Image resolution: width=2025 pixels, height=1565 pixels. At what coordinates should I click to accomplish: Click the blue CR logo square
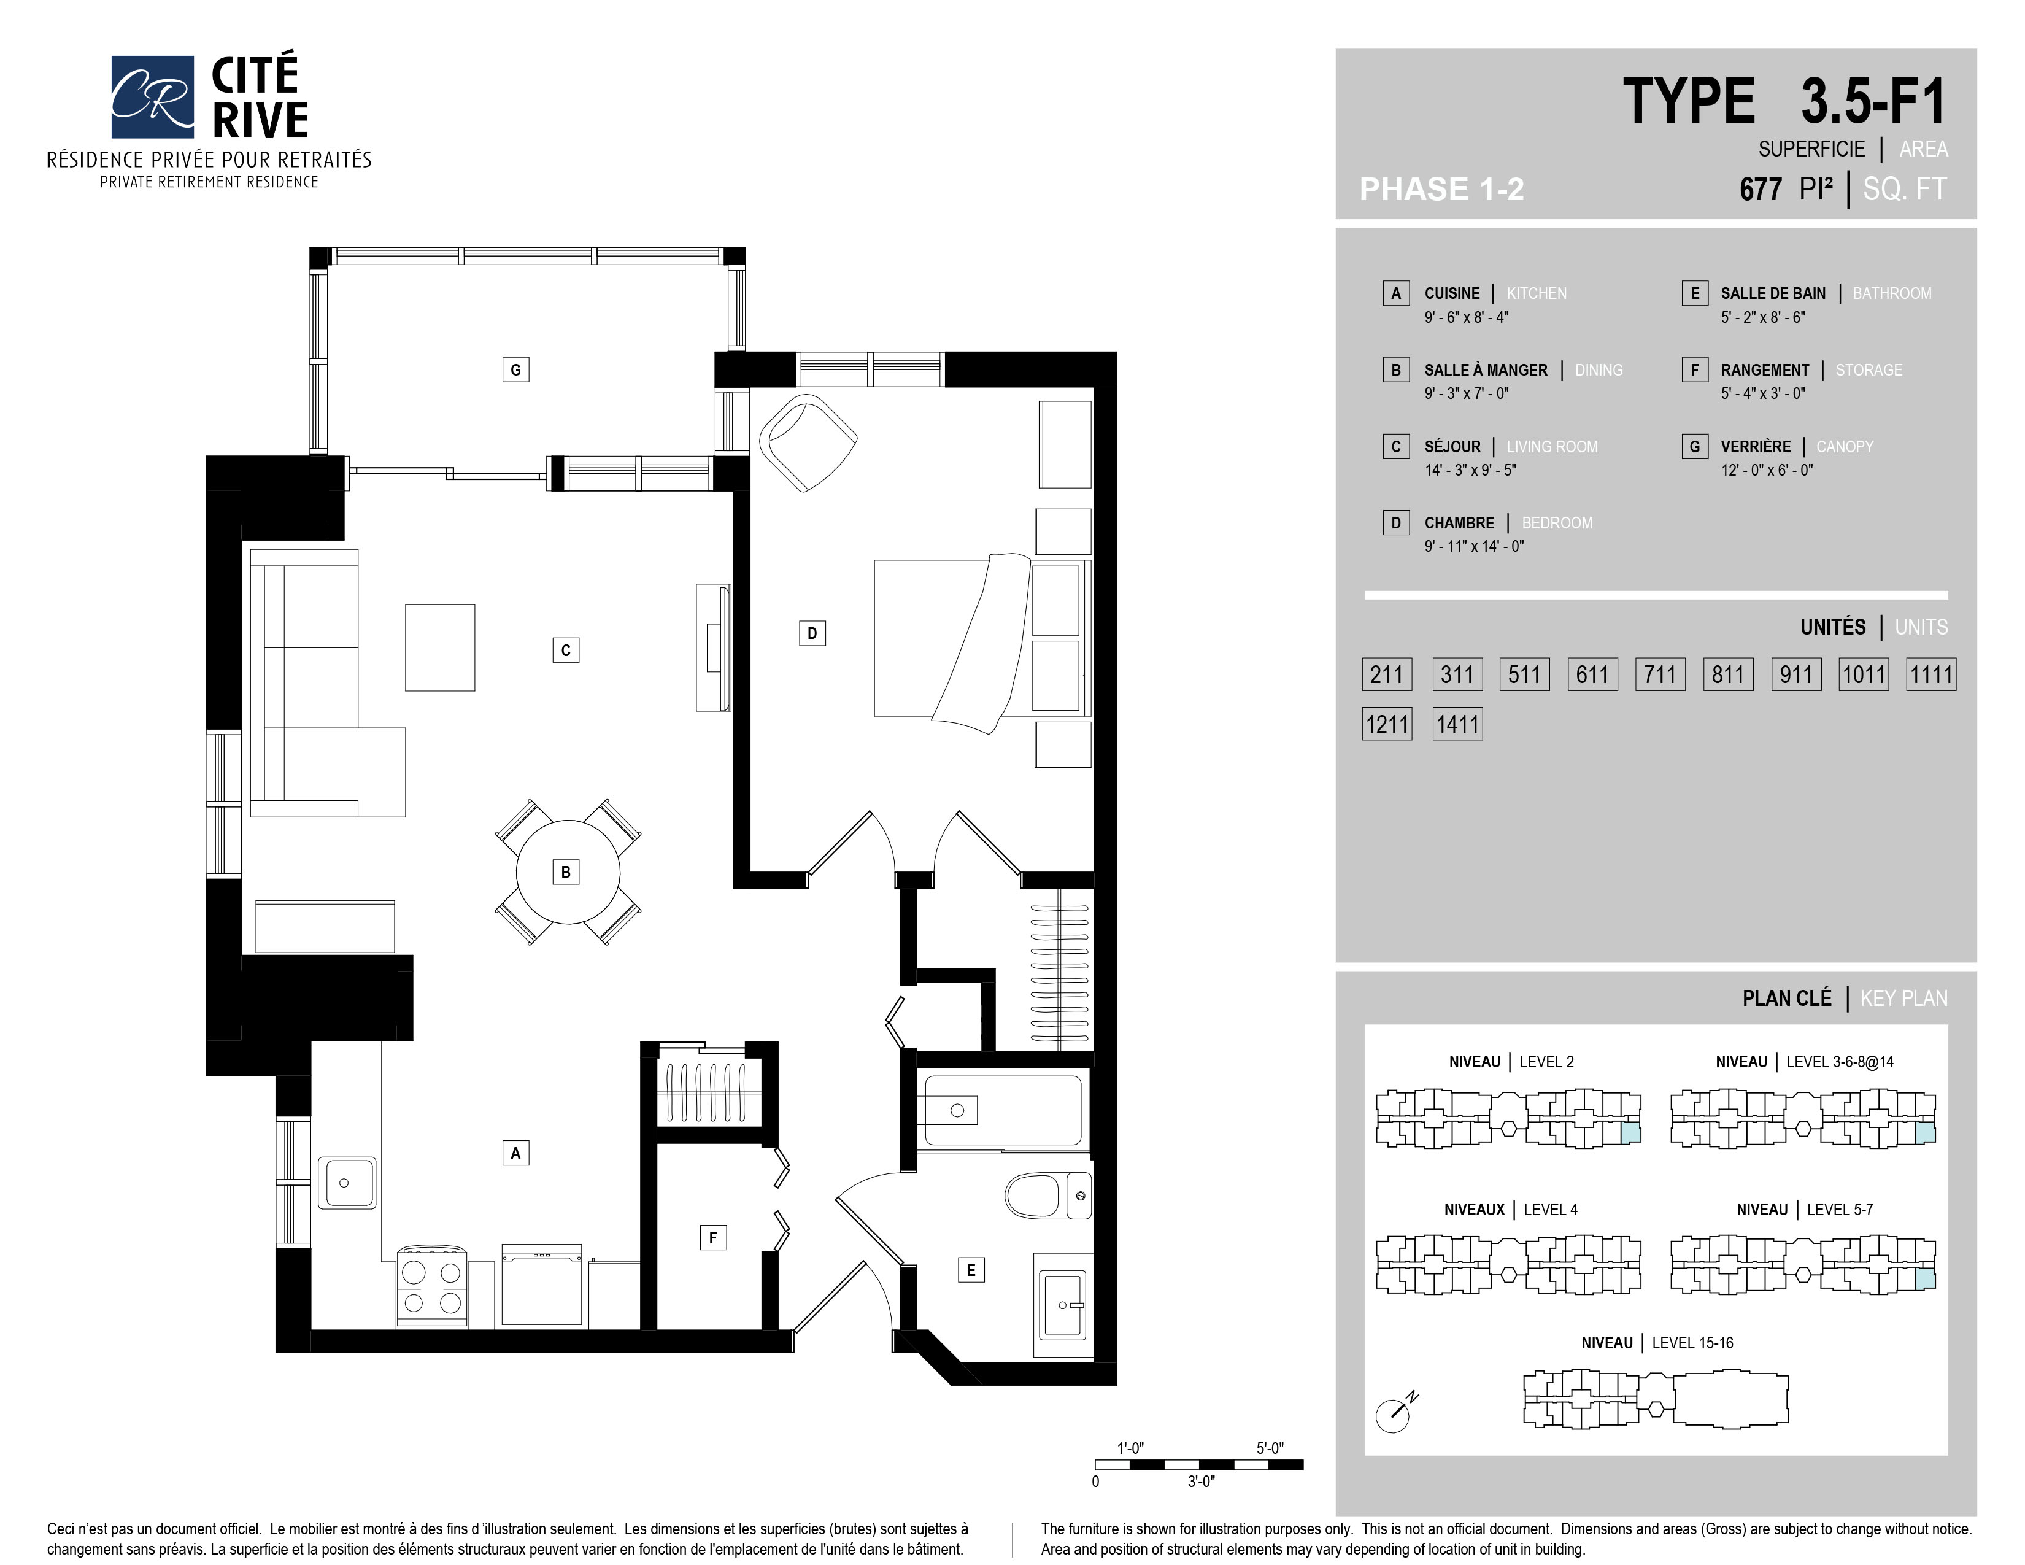(x=152, y=96)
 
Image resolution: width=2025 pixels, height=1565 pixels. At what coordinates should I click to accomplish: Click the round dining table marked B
(x=566, y=871)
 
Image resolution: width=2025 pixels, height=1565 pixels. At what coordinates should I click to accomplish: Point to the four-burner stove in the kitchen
(x=432, y=1287)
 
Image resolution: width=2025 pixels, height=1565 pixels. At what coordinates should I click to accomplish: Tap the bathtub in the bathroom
(x=1003, y=1110)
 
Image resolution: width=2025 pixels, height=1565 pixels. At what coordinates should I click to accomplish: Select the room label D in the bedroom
(x=812, y=633)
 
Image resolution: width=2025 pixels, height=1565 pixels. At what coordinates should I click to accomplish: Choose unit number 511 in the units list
(x=1524, y=674)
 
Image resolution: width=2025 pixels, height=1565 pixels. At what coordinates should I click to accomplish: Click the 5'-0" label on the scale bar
(x=1270, y=1448)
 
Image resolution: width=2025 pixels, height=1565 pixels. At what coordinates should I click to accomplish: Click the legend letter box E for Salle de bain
(x=1694, y=293)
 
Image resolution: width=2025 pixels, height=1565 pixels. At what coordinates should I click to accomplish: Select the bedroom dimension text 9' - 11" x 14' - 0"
(x=1474, y=546)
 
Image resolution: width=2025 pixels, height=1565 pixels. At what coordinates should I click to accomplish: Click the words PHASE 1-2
(x=1442, y=189)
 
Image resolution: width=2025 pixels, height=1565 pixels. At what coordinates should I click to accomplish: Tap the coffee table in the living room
(x=441, y=647)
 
